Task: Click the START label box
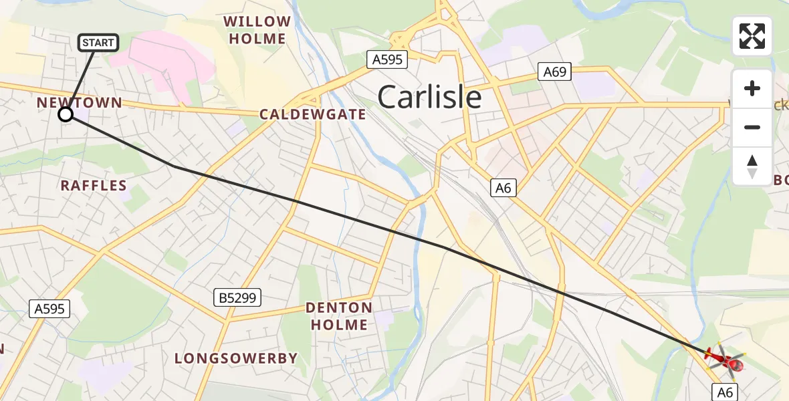(x=99, y=43)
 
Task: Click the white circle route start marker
(x=66, y=114)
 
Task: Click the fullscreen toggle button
(x=752, y=36)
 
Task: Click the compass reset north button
(x=752, y=166)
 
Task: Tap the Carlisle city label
(x=429, y=98)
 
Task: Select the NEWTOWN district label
(x=80, y=102)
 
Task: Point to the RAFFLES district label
(x=94, y=185)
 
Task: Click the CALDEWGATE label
(x=313, y=114)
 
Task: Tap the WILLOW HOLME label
(x=257, y=30)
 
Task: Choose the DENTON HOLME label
(x=339, y=316)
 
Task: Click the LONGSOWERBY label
(x=236, y=358)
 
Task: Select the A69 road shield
(x=554, y=72)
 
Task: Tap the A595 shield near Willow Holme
(x=388, y=59)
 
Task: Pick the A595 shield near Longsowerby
(x=49, y=308)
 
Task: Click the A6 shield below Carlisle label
(x=503, y=188)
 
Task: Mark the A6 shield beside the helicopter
(x=725, y=392)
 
